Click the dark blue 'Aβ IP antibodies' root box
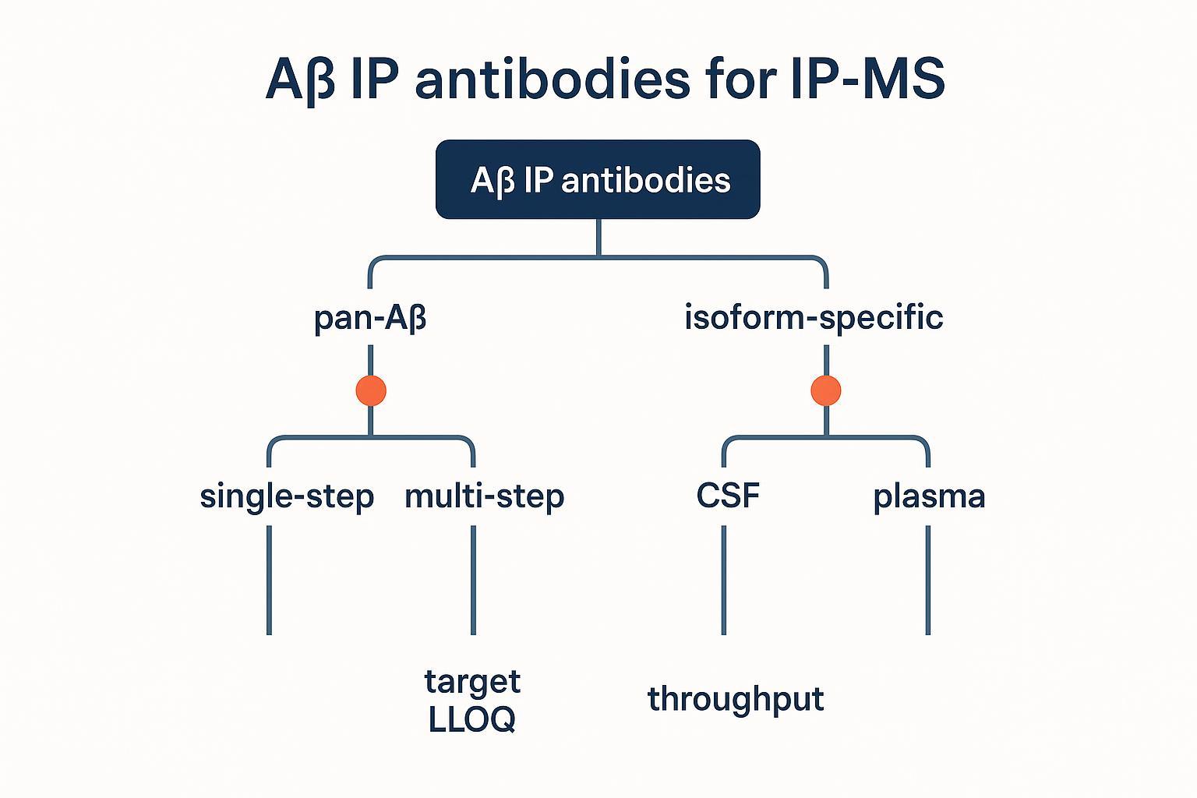pos(598,179)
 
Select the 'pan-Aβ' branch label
pos(370,318)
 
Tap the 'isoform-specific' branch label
pos(814,317)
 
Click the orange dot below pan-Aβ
pos(371,390)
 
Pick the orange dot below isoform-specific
pos(826,390)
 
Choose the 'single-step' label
pos(287,496)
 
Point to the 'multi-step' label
pos(484,496)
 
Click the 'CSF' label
pos(728,496)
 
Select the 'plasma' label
pos(929,496)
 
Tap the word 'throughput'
pos(736,699)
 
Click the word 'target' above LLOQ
pos(472,681)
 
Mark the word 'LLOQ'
pos(472,719)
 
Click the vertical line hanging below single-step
pos(269,581)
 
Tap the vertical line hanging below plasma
pos(927,581)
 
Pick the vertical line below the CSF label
pos(723,581)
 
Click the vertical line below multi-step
pos(473,581)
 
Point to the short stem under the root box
pos(598,237)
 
